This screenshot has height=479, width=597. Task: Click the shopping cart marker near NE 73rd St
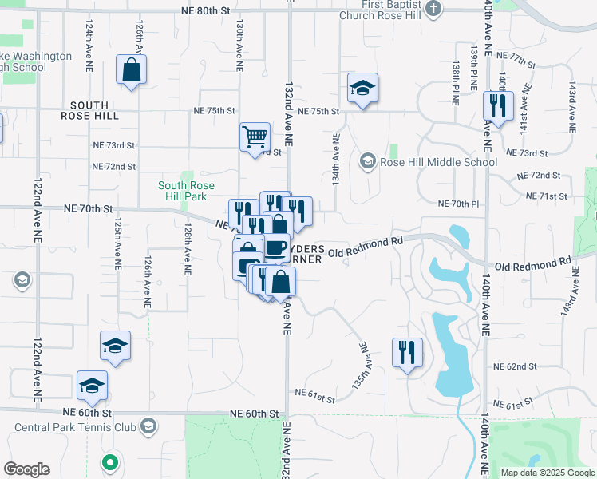(255, 137)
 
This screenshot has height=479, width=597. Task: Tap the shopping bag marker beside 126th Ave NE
(130, 69)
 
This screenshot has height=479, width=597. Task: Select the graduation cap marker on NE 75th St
(362, 88)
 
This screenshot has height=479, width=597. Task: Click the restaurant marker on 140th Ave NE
(498, 106)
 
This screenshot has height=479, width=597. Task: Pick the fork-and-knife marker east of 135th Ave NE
(407, 352)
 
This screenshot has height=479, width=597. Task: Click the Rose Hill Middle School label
(439, 162)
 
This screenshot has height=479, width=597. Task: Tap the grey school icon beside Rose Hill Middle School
(368, 162)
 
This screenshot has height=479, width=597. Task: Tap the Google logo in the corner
(26, 469)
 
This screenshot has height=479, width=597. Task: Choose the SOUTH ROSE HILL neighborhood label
(94, 110)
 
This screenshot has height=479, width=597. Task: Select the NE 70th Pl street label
(458, 204)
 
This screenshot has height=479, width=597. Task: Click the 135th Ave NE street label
(360, 366)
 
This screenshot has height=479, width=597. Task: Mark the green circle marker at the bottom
(110, 461)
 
